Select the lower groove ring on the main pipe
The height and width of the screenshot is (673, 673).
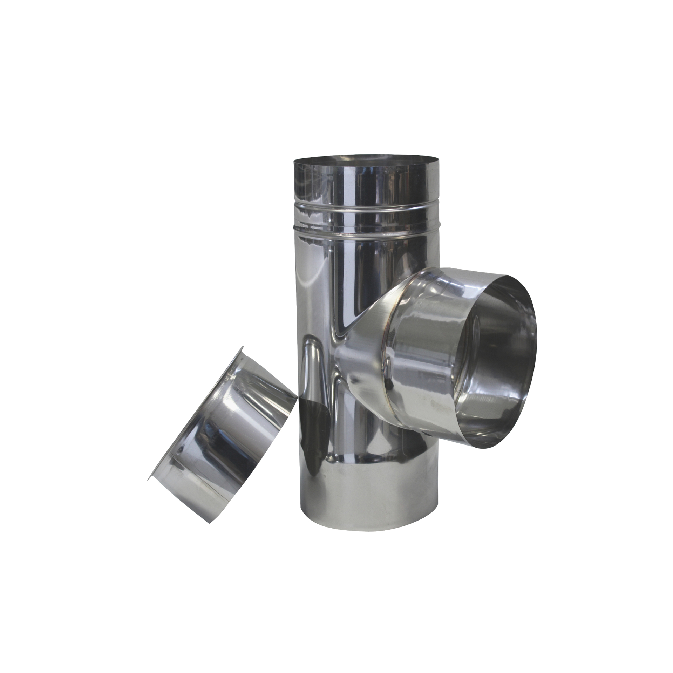(366, 232)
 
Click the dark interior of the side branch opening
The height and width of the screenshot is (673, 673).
(498, 361)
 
